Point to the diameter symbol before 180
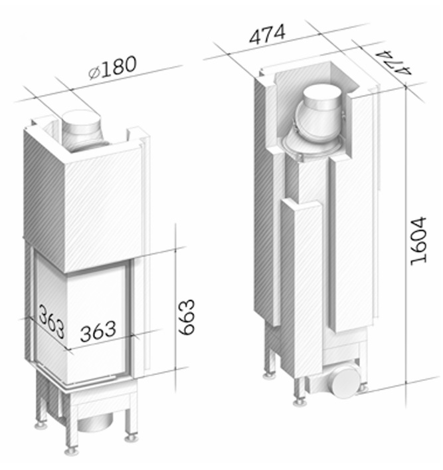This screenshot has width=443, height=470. pos(94,73)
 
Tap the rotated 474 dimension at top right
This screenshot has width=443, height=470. pos(393,63)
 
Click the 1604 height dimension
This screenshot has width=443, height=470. pos(418,241)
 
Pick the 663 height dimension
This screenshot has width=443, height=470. pos(187,317)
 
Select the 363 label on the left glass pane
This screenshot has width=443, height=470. pos(51,321)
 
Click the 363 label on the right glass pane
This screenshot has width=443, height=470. pos(98,331)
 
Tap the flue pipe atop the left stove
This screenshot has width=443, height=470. pos(82,129)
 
